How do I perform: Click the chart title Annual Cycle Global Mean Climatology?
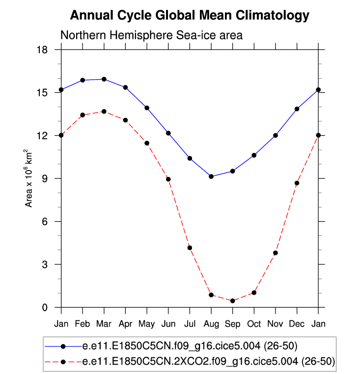190,16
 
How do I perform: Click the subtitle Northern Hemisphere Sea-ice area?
151,35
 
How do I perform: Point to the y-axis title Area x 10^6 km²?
29,178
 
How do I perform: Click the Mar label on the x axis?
104,324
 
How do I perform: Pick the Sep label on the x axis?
232,324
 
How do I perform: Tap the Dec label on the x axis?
297,324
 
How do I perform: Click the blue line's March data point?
104,79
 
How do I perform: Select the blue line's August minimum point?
211,176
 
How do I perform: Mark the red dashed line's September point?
232,301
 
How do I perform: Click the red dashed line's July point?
190,248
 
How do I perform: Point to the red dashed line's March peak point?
104,112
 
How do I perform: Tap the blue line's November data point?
276,135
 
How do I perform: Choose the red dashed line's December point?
297,183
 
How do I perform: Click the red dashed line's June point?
168,179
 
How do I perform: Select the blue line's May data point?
147,108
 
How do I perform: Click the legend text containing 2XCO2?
209,362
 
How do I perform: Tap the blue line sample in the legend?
63,346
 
